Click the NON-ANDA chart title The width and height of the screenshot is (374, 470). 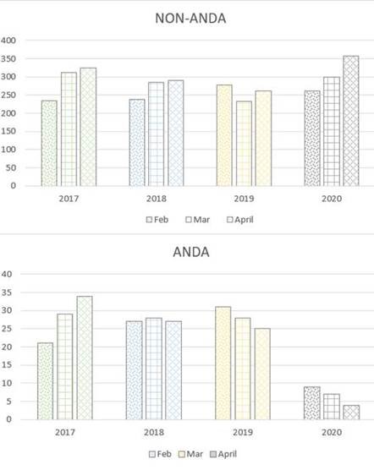(190, 19)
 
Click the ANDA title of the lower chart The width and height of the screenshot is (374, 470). (191, 252)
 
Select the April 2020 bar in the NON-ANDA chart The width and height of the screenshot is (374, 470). (351, 121)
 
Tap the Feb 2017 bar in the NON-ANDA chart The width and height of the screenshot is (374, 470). (49, 143)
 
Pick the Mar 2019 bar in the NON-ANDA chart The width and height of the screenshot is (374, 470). (245, 144)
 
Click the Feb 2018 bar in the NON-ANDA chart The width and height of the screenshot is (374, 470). (137, 143)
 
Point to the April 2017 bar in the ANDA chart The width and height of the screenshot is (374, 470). (85, 358)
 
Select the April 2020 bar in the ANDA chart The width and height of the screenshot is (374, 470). (351, 413)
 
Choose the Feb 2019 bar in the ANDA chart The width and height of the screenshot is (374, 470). (223, 363)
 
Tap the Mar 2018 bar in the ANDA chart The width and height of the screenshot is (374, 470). (154, 369)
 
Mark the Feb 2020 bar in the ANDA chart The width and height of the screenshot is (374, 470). (312, 403)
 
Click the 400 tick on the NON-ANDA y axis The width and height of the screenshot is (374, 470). (8, 41)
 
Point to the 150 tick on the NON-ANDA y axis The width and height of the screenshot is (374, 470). (8, 131)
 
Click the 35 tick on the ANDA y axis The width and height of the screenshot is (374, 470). (6, 292)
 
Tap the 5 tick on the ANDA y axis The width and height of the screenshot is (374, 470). (9, 402)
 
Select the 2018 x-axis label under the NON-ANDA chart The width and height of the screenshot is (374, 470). (157, 199)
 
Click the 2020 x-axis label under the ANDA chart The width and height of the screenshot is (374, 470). (332, 432)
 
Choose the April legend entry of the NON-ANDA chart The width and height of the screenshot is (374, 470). (240, 220)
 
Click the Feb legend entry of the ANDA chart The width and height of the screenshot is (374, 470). (161, 454)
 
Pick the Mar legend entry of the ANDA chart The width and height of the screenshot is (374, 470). (190, 454)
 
